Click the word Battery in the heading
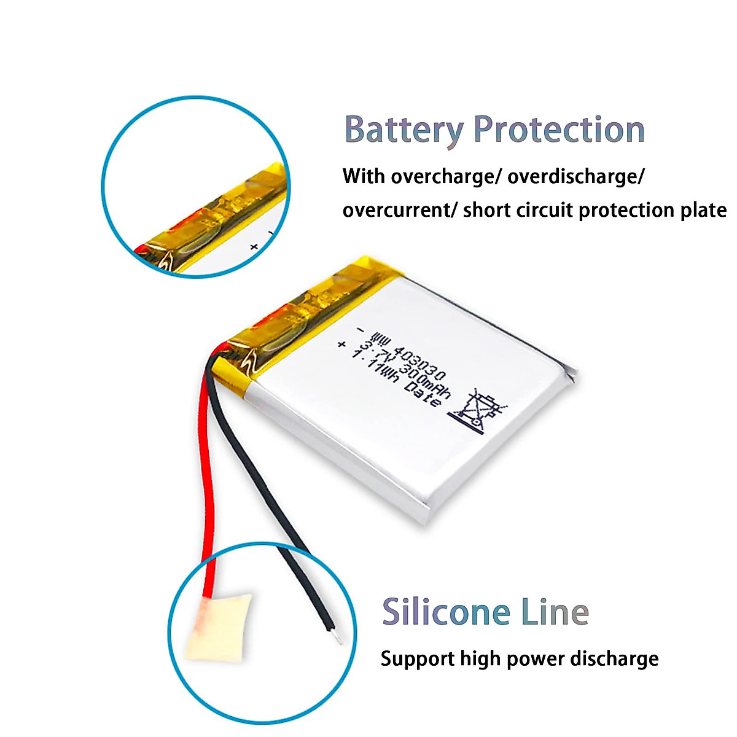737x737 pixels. [404, 131]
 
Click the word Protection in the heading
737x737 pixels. [559, 130]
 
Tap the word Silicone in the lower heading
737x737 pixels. [446, 612]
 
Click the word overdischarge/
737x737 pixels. [576, 177]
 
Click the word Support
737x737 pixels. [418, 659]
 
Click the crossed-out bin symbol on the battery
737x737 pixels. [480, 410]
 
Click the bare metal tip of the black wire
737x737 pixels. [337, 639]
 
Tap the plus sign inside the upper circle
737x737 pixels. [254, 246]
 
